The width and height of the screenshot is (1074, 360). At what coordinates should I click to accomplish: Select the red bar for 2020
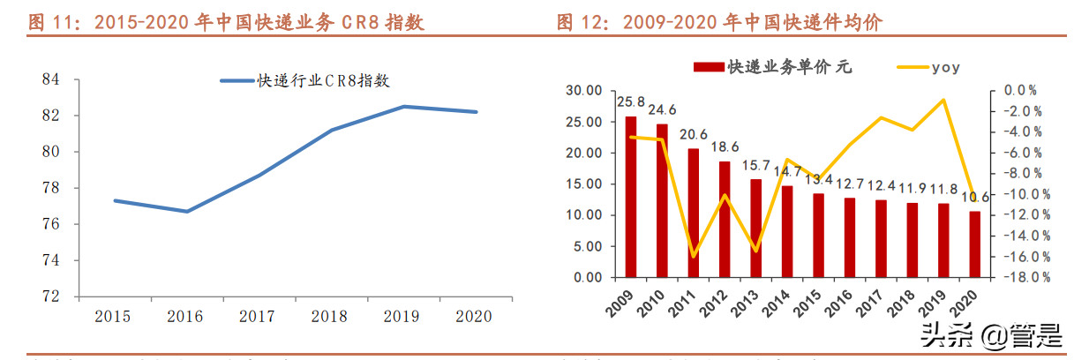[x=973, y=244]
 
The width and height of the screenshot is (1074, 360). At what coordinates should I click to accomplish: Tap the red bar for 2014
[x=787, y=231]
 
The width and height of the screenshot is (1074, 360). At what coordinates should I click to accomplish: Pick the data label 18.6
[x=724, y=146]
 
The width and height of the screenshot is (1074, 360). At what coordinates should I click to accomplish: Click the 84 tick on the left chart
[x=50, y=79]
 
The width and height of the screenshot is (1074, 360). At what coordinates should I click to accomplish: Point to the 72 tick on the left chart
[x=50, y=296]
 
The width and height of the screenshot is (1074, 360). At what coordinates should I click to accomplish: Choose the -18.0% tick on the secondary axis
[x=1027, y=277]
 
